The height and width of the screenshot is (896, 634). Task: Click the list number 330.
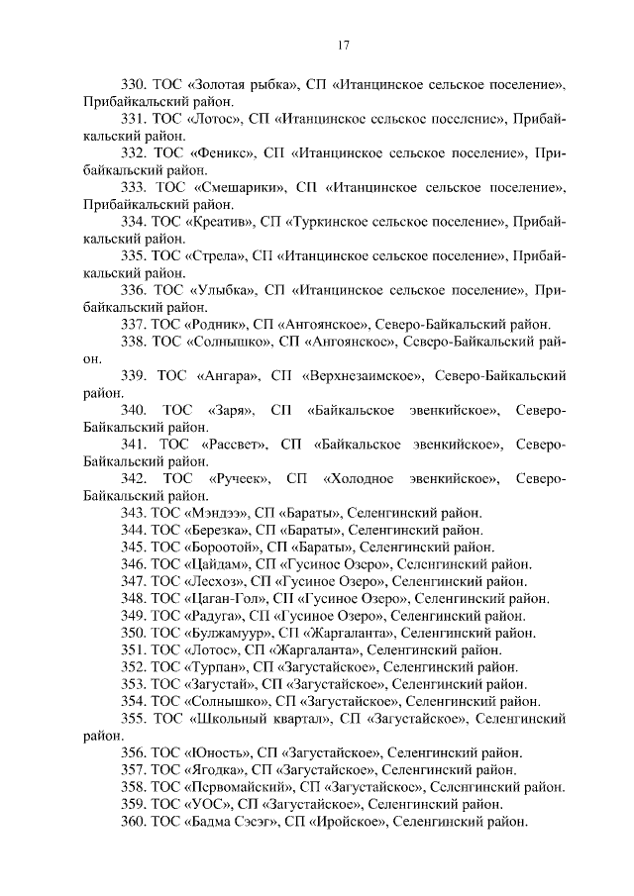click(x=134, y=82)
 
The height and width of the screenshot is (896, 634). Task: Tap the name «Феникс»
click(x=220, y=153)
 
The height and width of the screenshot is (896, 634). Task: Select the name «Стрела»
click(x=213, y=256)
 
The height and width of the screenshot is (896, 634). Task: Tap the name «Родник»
click(x=216, y=325)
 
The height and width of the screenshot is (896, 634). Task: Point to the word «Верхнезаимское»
click(x=368, y=376)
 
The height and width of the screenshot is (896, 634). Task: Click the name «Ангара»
click(x=227, y=376)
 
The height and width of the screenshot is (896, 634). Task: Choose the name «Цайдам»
click(x=214, y=564)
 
